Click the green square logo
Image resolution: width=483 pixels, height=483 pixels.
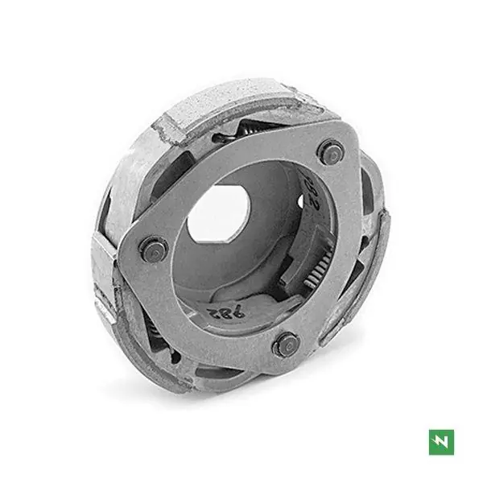[x=441, y=441]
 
